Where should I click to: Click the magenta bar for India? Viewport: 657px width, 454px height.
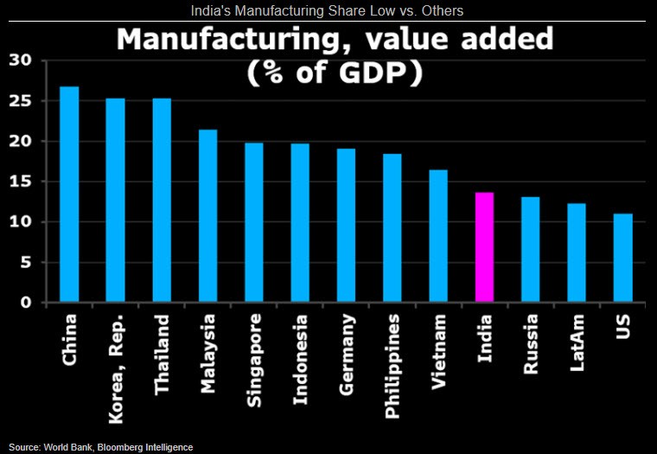485,247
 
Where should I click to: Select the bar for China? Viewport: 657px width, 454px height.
69,195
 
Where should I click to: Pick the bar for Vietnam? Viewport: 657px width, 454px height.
438,236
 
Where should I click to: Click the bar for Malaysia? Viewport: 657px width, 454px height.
207,216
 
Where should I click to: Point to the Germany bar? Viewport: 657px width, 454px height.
346,226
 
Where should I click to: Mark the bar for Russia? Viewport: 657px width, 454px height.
531,250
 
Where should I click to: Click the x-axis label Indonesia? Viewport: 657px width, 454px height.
301,355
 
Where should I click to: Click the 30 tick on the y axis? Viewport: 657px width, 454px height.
18,61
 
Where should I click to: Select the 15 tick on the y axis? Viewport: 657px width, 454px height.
18,182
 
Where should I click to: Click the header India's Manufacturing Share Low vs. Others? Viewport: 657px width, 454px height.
328,10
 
